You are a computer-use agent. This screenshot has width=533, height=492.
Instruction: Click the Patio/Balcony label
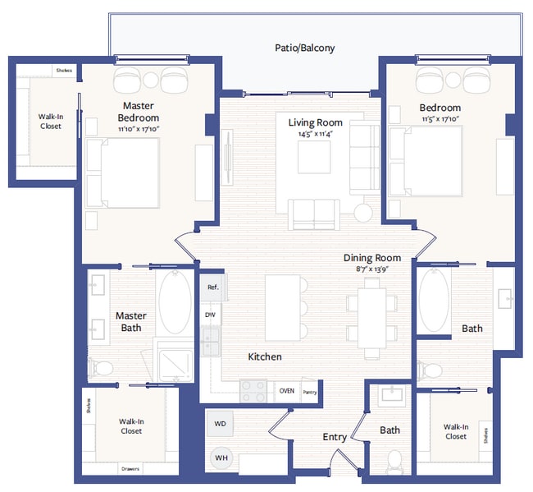[304, 48]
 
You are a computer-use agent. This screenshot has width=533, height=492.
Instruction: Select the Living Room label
[314, 122]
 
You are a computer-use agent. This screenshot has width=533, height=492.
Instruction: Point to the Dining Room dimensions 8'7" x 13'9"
[371, 268]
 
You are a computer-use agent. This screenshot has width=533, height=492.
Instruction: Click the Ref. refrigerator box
[213, 287]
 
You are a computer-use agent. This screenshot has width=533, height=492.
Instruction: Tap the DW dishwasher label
[210, 315]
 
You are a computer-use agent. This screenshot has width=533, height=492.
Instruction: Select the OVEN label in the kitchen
[286, 391]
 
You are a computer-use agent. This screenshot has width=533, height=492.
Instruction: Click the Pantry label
[309, 392]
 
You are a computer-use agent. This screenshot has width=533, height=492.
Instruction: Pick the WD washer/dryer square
[221, 425]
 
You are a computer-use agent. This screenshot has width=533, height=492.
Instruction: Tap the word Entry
[334, 437]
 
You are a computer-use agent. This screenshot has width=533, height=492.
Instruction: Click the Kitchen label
[265, 356]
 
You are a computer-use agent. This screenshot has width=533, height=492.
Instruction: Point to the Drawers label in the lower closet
[130, 469]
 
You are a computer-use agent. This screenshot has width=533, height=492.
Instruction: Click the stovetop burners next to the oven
[253, 391]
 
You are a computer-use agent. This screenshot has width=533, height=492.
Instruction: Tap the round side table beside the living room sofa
[363, 212]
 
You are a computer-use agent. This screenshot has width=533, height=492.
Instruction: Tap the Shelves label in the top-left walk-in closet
[64, 71]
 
